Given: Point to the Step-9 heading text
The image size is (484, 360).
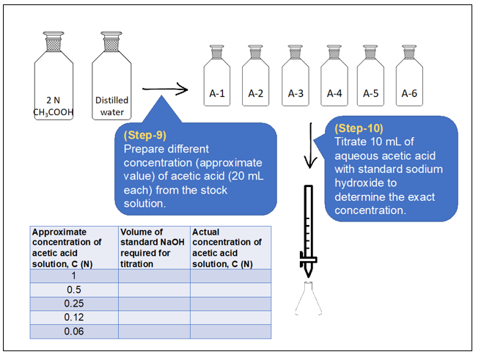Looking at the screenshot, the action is pyautogui.click(x=145, y=135).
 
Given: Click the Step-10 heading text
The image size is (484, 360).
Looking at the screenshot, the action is pyautogui.click(x=359, y=128).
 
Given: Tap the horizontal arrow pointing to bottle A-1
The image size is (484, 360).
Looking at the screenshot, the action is pyautogui.click(x=165, y=89).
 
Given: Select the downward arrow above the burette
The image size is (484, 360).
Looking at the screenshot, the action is pyautogui.click(x=310, y=146).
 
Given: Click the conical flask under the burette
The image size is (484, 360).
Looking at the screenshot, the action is pyautogui.click(x=308, y=298).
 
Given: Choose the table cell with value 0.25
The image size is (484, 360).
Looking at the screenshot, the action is pyautogui.click(x=74, y=304).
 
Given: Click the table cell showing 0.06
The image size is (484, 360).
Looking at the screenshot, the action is pyautogui.click(x=74, y=331).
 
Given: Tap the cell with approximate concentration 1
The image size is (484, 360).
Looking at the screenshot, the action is pyautogui.click(x=74, y=276).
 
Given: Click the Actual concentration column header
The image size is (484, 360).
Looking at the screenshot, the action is pyautogui.click(x=230, y=248).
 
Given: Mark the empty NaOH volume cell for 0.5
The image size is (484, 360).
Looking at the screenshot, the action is pyautogui.click(x=154, y=290).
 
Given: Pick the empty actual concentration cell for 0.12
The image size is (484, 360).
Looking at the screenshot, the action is pyautogui.click(x=230, y=317).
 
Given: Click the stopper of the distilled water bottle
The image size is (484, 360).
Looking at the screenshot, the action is pyautogui.click(x=111, y=41).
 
